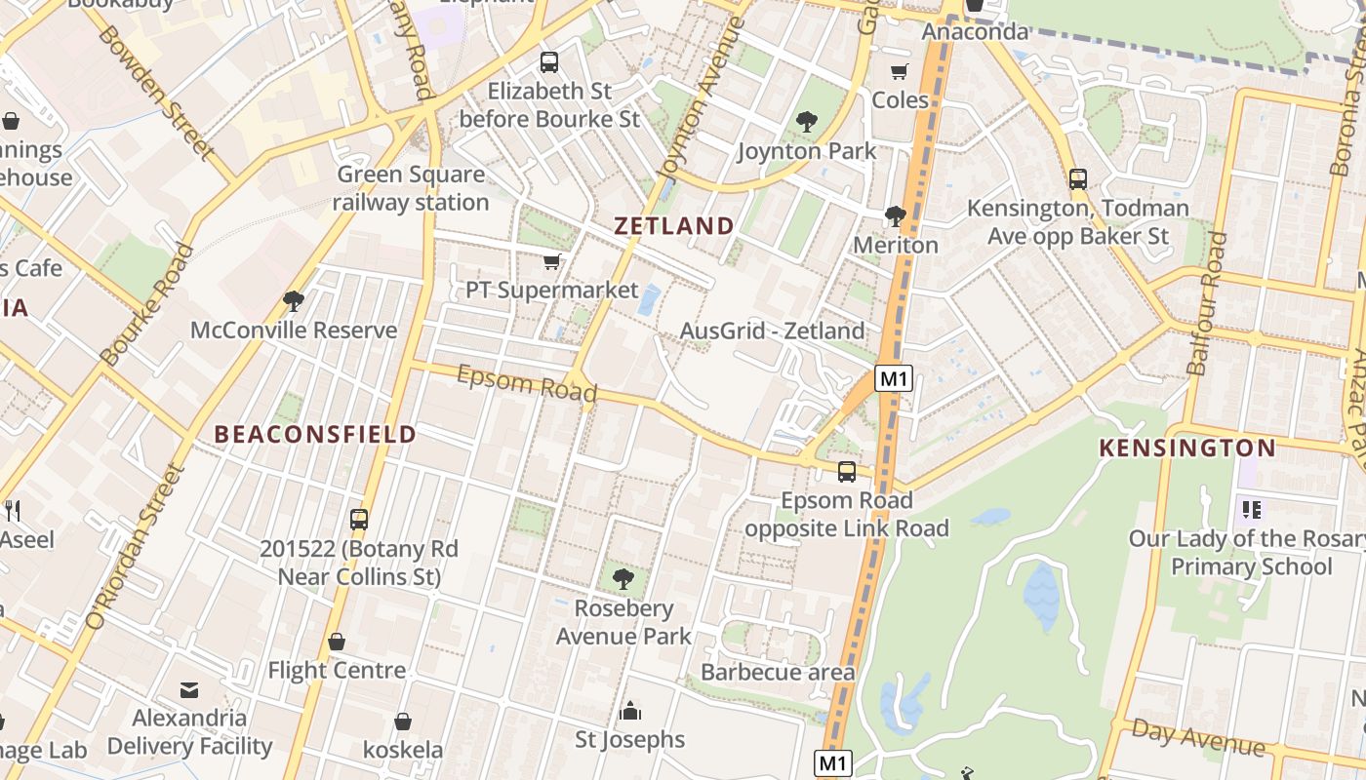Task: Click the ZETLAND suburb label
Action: coord(674,226)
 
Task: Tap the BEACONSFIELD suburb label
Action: coord(315,434)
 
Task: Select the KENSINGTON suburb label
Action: coord(1187,448)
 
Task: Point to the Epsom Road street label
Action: coord(527,383)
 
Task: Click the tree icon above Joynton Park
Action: coord(806,122)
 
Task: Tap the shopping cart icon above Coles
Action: coord(899,72)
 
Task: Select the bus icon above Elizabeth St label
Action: coord(549,62)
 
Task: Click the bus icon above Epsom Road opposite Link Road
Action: coord(846,472)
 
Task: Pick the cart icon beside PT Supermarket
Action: coord(552,261)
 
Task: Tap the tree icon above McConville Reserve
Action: coord(293,301)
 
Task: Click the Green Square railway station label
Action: coord(411,188)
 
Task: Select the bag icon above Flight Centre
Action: coord(337,642)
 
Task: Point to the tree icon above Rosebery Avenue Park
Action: coord(623,579)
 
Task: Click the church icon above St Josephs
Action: coord(630,710)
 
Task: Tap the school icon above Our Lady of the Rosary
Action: coord(1252,509)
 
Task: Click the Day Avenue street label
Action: coord(1198,738)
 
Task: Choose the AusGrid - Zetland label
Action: coord(772,331)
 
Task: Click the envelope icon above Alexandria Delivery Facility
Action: coord(189,690)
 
